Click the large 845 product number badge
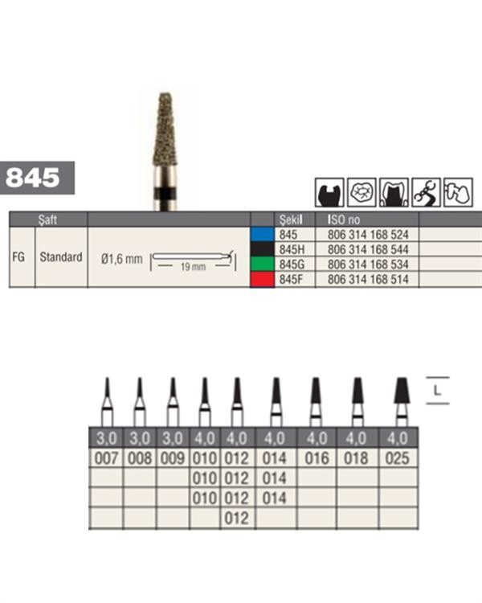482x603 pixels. (x=37, y=178)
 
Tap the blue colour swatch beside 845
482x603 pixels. (x=262, y=235)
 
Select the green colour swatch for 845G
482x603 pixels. (x=262, y=265)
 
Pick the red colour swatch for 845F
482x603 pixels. (x=262, y=280)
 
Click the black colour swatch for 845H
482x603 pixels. (x=262, y=249)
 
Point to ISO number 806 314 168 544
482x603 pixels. (x=368, y=249)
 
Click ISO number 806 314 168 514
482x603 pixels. (x=368, y=280)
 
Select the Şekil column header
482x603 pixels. (x=291, y=219)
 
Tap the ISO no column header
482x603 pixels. (x=344, y=219)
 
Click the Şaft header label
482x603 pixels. (x=47, y=219)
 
